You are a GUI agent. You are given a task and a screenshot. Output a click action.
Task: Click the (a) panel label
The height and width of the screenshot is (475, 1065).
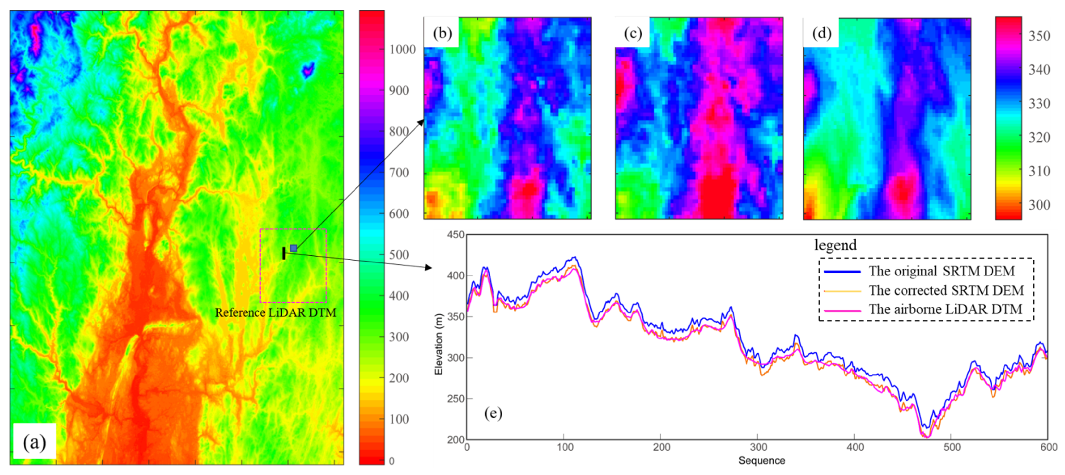point(34,442)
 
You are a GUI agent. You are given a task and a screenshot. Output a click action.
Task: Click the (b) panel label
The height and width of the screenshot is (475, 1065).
point(442,33)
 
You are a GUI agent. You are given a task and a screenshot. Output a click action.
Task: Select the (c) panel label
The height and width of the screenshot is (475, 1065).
point(633,33)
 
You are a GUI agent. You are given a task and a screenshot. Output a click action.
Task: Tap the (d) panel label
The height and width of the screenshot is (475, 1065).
point(821,33)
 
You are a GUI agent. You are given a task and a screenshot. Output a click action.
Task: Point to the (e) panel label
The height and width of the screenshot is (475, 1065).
point(493,413)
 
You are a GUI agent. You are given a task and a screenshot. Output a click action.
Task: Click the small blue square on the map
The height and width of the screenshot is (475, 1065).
point(294,248)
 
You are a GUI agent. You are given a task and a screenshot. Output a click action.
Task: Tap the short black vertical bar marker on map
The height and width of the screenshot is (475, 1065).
point(284,253)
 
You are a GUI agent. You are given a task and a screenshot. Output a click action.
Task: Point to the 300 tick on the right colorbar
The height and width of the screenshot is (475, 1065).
point(1039,205)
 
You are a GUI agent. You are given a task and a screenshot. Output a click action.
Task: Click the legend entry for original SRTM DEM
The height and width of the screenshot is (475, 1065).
point(941,271)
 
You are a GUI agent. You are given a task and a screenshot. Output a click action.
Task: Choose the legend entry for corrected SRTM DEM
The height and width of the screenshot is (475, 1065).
point(946,290)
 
